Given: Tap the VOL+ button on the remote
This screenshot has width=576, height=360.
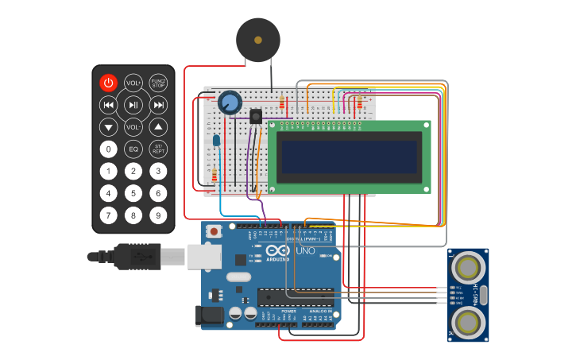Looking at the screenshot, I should [x=133, y=83].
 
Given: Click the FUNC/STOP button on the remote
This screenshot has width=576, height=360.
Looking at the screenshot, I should [x=159, y=83].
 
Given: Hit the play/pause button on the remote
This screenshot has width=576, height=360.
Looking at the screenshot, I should [x=133, y=105].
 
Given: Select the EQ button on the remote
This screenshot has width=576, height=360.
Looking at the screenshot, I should [x=133, y=149].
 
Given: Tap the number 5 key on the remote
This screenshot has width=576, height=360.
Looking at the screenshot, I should [x=133, y=193].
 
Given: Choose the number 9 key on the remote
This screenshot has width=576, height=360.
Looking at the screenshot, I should [x=159, y=215].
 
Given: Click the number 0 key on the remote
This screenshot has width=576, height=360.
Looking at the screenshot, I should [x=108, y=149].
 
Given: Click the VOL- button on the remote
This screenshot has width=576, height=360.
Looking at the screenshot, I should [x=133, y=127].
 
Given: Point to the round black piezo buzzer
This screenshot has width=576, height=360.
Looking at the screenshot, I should [x=257, y=40].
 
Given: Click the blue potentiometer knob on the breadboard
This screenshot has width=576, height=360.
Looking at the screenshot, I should [x=230, y=103].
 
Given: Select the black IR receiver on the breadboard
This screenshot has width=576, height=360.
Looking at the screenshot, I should [x=256, y=116].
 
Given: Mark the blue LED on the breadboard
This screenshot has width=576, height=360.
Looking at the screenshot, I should [x=216, y=141].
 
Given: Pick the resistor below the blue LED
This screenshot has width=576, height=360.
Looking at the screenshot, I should [x=215, y=176].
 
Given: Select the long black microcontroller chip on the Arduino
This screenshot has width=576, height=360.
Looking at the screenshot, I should [x=294, y=296].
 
